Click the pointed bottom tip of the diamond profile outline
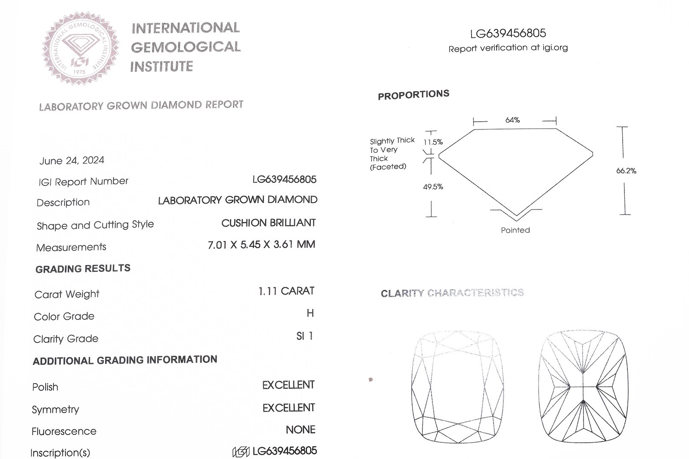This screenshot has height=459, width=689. (x=516, y=216)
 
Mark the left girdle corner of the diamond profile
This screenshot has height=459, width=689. (x=439, y=156)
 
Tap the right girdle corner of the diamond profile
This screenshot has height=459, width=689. (x=593, y=154)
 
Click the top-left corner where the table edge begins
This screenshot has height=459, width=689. (x=474, y=129)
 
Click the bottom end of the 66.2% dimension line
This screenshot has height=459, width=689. (x=625, y=215)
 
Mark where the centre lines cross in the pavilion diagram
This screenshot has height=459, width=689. (x=583, y=387)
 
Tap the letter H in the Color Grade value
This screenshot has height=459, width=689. (x=310, y=313)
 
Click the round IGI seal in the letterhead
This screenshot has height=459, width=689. (x=80, y=48)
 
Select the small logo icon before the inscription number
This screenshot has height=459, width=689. (x=241, y=452)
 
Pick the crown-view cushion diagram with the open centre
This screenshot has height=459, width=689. (x=457, y=386)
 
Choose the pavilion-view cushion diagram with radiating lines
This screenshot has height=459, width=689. (x=583, y=386)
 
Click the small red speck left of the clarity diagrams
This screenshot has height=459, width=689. (x=371, y=380)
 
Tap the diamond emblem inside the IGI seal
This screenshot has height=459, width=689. (x=80, y=45)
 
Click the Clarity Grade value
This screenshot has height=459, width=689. (x=304, y=336)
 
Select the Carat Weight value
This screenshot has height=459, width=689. (x=286, y=291)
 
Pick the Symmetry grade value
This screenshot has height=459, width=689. (x=289, y=408)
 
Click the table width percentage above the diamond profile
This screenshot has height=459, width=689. (x=512, y=120)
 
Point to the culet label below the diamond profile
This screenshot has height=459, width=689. (x=515, y=230)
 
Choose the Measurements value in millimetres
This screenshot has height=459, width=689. (x=261, y=245)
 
